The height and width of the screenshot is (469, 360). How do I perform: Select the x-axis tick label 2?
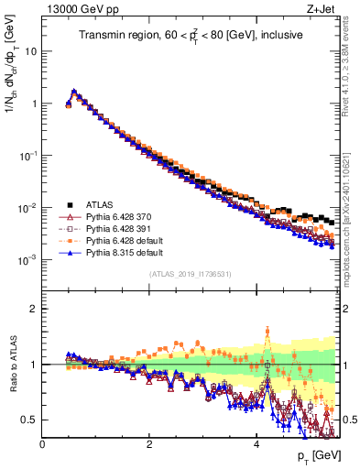tap(149, 444)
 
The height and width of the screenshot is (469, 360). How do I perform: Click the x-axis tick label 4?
tap(256, 444)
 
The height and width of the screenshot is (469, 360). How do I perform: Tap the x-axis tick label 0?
tap(42, 444)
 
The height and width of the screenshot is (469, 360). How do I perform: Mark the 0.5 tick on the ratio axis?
tap(30, 420)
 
